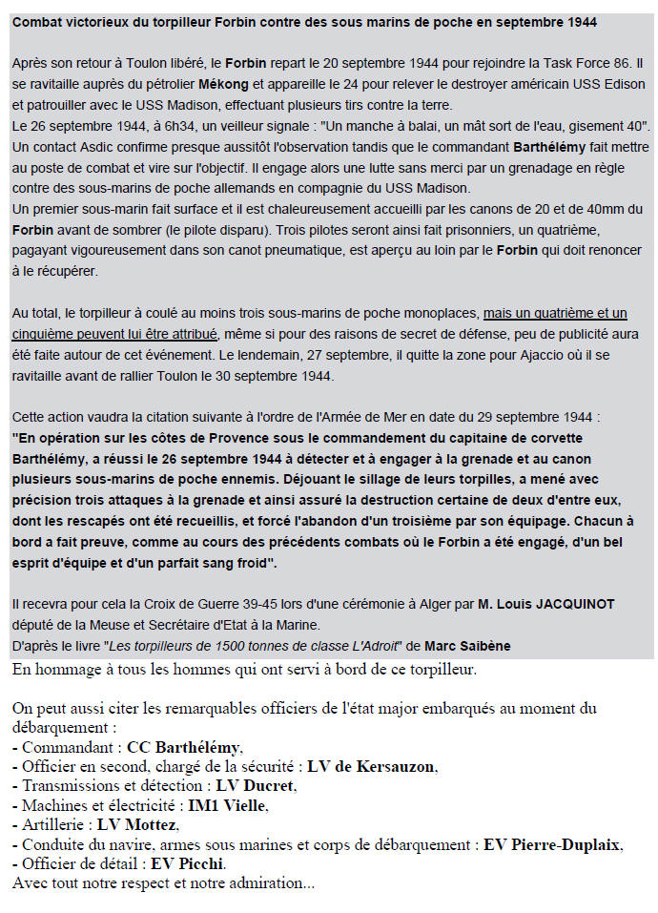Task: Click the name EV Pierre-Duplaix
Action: [x=553, y=844]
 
